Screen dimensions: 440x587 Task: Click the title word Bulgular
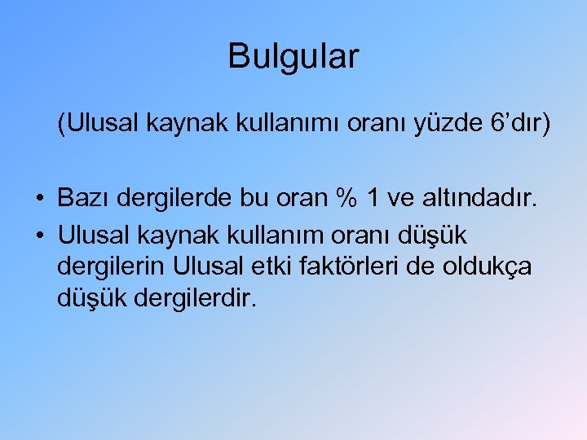pyautogui.click(x=293, y=57)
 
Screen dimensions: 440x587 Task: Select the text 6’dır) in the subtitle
pyautogui.click(x=522, y=125)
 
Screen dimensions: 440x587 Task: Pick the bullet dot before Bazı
pyautogui.click(x=39, y=198)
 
